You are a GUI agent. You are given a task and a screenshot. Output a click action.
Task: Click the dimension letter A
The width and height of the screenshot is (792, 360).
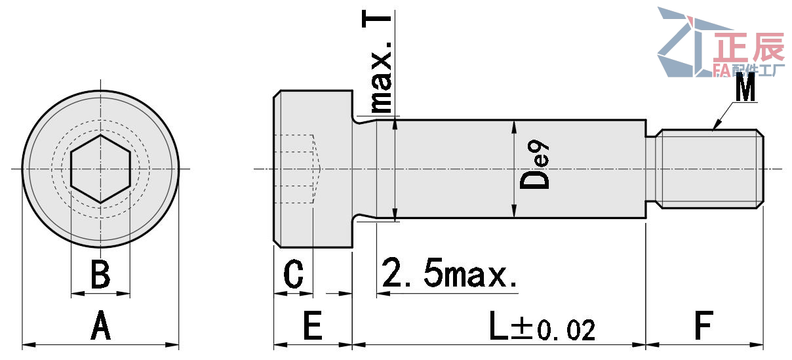(100, 326)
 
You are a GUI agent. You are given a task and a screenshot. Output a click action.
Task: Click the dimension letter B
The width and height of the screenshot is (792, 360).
(100, 275)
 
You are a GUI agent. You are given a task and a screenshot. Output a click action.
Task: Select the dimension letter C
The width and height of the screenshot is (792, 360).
(294, 275)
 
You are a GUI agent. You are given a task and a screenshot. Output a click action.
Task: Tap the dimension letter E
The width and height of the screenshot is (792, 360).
(313, 326)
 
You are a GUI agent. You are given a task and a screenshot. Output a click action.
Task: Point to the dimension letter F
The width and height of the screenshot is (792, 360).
(703, 326)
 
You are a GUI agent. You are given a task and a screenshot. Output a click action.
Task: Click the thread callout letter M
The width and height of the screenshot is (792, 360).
(745, 88)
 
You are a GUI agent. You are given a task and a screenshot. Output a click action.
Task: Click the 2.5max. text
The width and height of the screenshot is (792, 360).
(450, 274)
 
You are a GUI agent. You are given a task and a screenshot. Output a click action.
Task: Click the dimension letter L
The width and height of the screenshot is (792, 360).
(498, 326)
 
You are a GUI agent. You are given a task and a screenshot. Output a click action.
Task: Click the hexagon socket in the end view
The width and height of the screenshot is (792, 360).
(100, 169)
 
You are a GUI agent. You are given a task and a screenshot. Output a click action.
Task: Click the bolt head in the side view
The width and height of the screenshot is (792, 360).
(313, 169)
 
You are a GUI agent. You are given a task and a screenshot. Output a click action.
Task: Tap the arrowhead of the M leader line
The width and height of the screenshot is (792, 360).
(715, 126)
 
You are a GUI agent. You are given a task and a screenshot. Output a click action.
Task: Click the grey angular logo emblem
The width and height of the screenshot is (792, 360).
(682, 43)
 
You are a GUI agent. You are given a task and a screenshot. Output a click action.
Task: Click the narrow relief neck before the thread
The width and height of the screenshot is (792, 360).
(650, 169)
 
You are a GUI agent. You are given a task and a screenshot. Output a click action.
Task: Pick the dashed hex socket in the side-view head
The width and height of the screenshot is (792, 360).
(296, 169)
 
